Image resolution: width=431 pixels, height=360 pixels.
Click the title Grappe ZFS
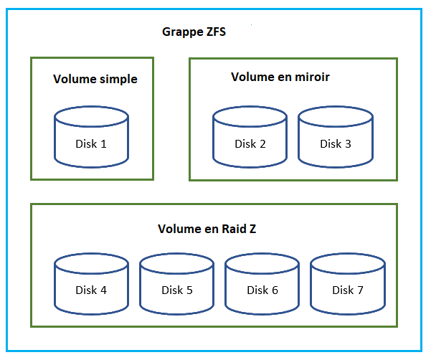(x=194, y=32)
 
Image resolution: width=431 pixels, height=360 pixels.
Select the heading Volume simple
(x=95, y=79)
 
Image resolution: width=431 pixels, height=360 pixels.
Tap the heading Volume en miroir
(x=280, y=77)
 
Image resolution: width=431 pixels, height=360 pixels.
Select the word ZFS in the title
(x=214, y=32)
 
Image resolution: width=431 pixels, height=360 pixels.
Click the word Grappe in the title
(x=181, y=33)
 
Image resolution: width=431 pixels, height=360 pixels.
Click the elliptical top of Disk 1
(x=91, y=117)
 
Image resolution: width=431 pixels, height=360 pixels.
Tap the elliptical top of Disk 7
(x=347, y=264)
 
